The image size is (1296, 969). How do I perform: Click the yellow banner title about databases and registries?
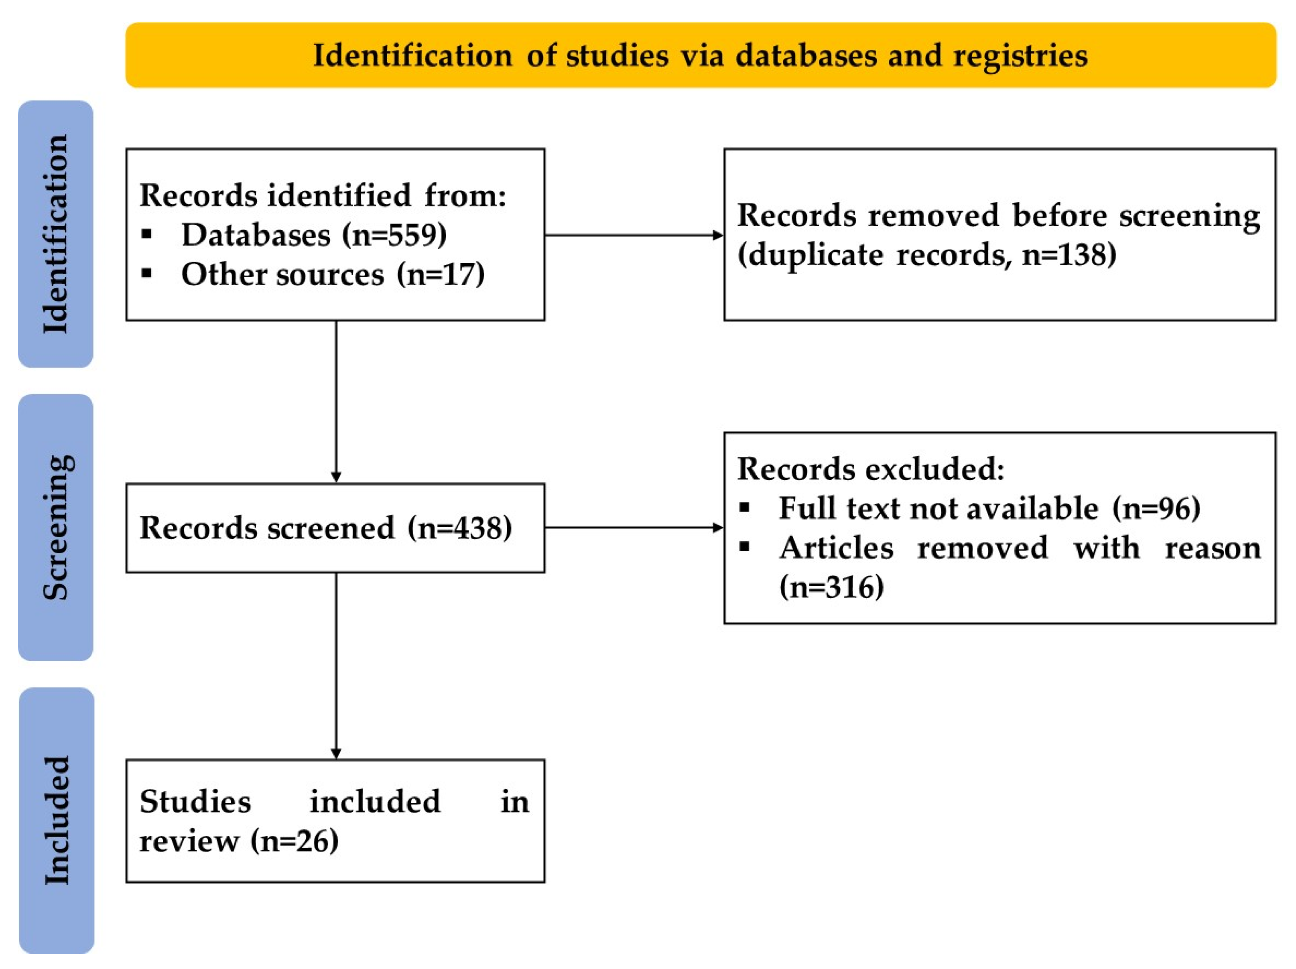pos(700,56)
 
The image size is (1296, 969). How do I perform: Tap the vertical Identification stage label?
pos(56,234)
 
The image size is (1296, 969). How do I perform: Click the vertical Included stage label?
pos(57,820)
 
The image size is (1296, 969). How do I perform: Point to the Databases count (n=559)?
pos(394,235)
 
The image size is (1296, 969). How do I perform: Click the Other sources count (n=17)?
pos(441,274)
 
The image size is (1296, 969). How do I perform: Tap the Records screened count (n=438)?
pos(460,528)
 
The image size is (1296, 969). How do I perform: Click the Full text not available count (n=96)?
pos(1156,508)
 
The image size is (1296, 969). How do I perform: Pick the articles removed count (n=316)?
pos(831,587)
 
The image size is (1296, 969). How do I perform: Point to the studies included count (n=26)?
pos(295,841)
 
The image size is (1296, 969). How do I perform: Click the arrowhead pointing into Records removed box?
pos(718,236)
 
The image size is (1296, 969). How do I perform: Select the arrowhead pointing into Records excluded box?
pos(718,528)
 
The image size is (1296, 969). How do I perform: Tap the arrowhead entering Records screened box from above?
pos(336,477)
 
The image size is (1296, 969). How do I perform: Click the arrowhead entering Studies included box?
pos(336,754)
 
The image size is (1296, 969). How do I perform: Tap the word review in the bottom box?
pos(189,841)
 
